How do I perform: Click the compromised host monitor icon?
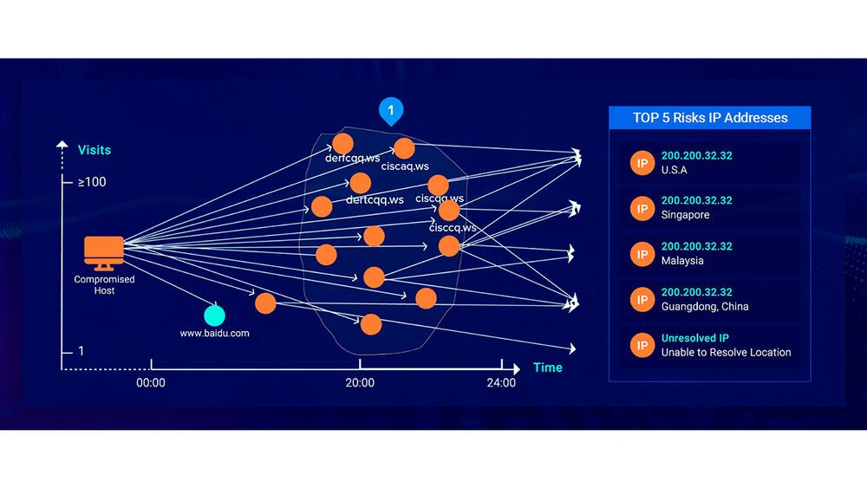(x=103, y=252)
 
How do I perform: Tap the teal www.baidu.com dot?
(x=214, y=316)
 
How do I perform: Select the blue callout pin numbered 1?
(x=391, y=112)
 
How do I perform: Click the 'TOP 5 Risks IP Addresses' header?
(x=709, y=118)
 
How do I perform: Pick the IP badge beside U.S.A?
(x=642, y=163)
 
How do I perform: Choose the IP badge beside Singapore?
(x=642, y=208)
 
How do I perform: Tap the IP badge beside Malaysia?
(x=642, y=253)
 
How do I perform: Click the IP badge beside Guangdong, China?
(x=642, y=299)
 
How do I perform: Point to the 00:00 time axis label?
(x=151, y=382)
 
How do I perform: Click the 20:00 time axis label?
(x=360, y=382)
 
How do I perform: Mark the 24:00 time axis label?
(x=501, y=382)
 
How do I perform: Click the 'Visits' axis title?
(x=95, y=150)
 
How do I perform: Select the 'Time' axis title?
(x=548, y=368)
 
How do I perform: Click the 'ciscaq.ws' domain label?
(x=405, y=166)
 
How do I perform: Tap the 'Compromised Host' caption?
(x=104, y=285)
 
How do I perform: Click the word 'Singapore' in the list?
(x=685, y=215)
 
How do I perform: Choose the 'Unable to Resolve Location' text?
(x=726, y=352)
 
